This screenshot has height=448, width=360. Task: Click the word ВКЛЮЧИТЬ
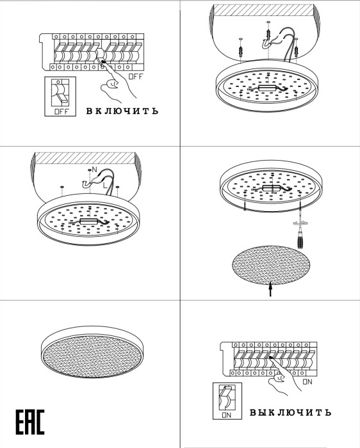point(122,111)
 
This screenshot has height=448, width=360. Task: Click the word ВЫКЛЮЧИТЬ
point(290,412)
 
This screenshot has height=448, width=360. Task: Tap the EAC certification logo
point(30,422)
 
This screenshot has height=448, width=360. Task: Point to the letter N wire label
point(95,170)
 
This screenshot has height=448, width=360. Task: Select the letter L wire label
point(105,185)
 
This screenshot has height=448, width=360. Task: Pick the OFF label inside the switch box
point(61,112)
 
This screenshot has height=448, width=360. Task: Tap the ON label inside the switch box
point(227,415)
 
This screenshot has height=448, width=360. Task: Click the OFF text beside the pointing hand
point(135,77)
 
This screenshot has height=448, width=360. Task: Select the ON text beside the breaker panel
point(307,381)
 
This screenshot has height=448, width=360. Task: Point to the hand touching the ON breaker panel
point(284,375)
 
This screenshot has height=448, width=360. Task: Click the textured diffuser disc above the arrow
point(271,265)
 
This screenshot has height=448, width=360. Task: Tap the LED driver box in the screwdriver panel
point(272,188)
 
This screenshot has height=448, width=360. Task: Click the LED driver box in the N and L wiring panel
point(89,221)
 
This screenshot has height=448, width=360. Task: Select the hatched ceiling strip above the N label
point(85,158)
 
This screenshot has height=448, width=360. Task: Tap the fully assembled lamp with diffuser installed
point(92,352)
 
